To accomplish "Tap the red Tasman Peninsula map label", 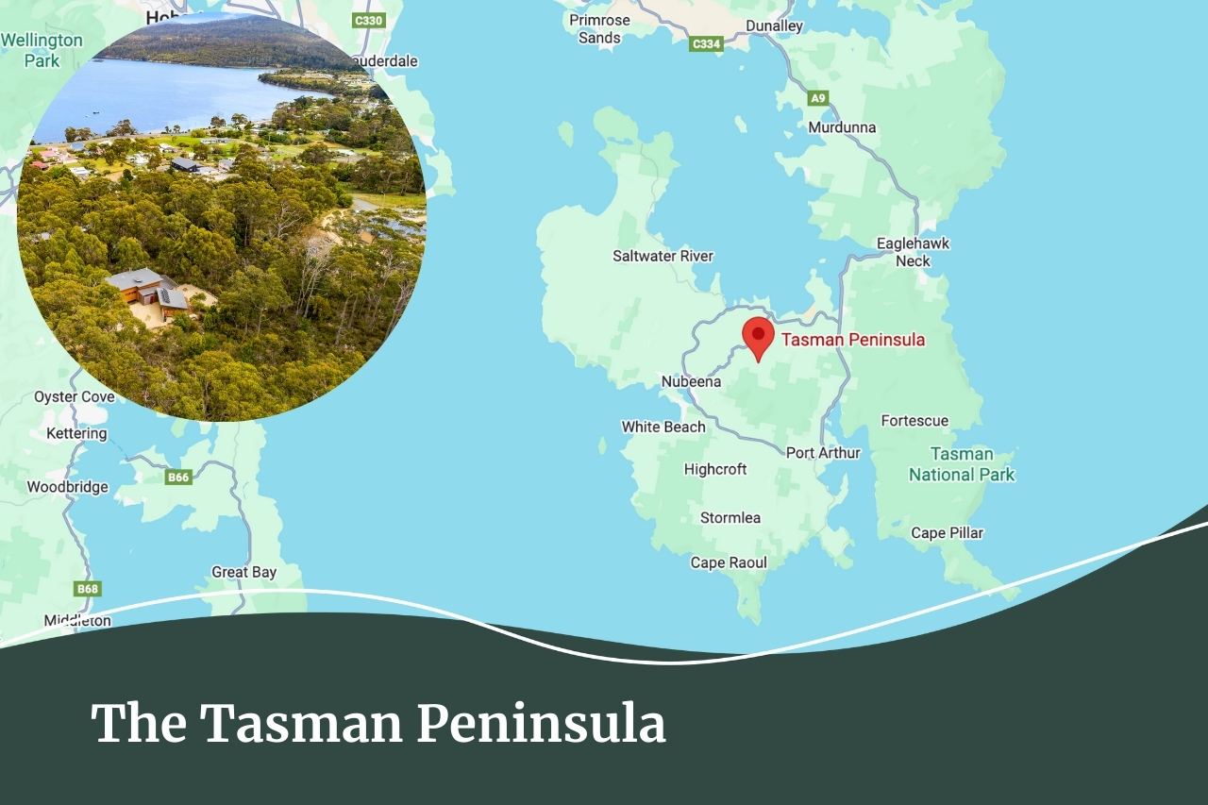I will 852,340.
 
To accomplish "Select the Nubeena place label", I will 691,382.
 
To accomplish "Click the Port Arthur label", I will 823,453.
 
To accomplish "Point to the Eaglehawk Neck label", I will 913,252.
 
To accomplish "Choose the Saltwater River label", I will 663,256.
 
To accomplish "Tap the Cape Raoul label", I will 729,563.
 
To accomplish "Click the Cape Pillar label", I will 947,533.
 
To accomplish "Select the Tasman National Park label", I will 962,464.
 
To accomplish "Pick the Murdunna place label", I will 842,127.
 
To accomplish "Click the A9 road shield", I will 818,98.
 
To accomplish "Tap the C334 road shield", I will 706,44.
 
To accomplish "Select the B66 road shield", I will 178,477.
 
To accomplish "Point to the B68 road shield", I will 88,589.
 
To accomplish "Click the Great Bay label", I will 243,572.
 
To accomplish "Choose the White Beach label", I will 663,428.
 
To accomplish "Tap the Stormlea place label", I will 730,518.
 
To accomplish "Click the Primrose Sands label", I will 599,28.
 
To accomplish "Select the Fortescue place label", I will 914,421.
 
